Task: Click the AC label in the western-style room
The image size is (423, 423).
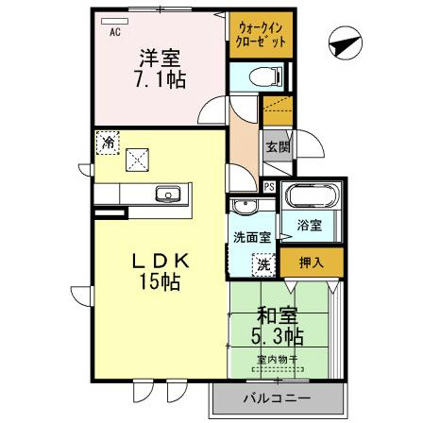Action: point(114,33)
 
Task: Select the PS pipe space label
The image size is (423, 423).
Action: point(269,186)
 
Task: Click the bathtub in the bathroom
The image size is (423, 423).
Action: point(311,199)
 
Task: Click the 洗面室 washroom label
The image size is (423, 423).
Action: point(252,237)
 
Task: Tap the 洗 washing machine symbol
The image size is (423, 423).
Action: point(264,265)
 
